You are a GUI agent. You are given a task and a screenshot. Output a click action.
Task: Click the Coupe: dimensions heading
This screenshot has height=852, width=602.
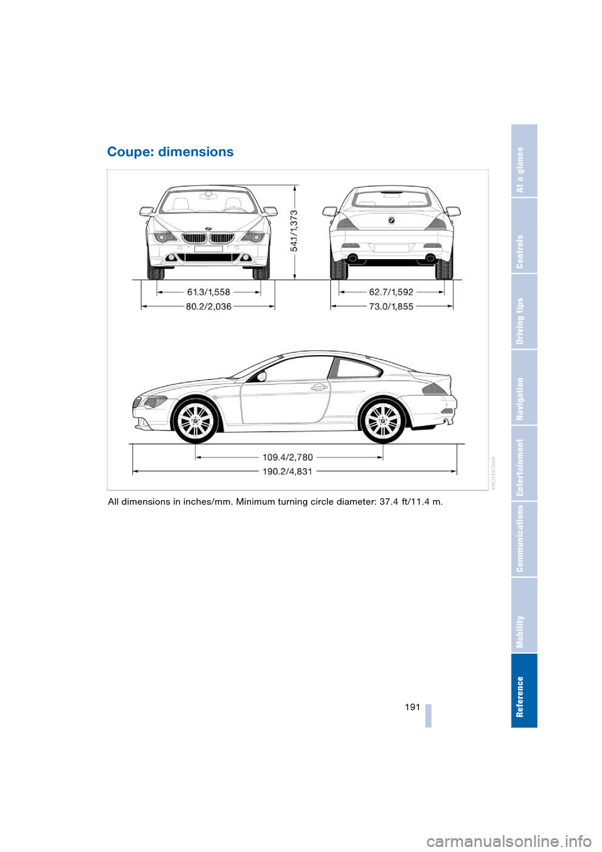170,152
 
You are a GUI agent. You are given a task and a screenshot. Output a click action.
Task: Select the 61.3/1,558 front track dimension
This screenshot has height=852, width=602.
208,292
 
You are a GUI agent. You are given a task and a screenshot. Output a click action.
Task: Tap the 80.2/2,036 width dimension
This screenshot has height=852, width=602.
208,306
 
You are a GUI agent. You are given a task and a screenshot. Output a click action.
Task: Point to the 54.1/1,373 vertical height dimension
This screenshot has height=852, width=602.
294,231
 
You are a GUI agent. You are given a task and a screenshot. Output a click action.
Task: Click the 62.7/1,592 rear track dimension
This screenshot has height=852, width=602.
391,292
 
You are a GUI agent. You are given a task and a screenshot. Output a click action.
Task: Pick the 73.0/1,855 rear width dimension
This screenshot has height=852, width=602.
391,306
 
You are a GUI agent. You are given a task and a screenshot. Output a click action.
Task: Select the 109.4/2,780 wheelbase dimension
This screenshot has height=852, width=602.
287,457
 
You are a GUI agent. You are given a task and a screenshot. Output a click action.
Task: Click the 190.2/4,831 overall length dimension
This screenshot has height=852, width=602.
287,471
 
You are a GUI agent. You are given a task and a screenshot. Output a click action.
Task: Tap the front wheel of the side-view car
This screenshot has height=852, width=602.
196,421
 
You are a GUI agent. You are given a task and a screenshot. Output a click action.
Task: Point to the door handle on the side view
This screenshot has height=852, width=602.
320,387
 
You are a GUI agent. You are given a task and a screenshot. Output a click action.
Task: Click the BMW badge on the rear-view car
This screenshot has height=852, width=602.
391,221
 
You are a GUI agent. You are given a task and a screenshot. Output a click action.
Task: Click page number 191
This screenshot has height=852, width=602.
412,707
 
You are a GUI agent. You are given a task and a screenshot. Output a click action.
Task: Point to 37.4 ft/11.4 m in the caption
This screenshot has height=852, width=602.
411,501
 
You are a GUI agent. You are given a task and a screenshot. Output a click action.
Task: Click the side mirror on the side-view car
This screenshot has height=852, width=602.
261,376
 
